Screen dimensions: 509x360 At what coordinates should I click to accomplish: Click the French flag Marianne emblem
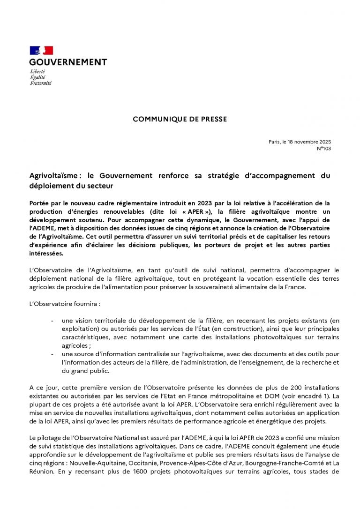[x=41, y=51]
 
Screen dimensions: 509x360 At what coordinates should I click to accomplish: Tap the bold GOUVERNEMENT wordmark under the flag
[x=68, y=62]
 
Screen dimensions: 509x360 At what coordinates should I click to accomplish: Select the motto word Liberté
[x=37, y=71]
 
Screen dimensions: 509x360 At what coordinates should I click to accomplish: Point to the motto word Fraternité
[x=40, y=83]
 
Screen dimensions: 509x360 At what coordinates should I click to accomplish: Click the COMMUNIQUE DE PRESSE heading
[x=180, y=120]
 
